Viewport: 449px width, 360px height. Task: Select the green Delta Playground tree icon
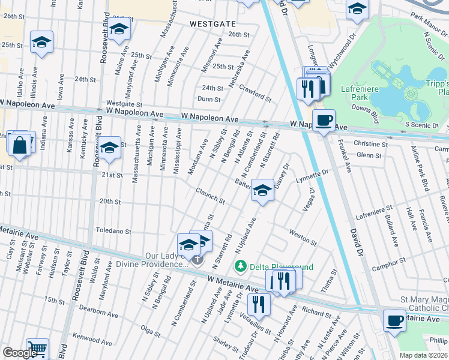tap(241, 266)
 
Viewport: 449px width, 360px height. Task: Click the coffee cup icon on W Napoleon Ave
tap(324, 120)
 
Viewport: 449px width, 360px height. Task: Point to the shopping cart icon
tap(37, 349)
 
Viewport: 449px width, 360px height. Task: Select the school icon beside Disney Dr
tap(262, 190)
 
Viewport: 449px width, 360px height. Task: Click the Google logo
tap(20, 353)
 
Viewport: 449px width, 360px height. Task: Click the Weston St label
tap(303, 236)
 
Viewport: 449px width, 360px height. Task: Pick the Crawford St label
tap(255, 93)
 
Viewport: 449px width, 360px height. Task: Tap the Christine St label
tap(370, 144)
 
